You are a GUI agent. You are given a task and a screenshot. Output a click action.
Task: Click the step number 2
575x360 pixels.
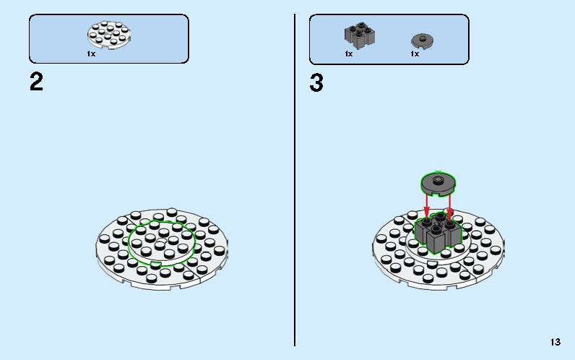coord(36,82)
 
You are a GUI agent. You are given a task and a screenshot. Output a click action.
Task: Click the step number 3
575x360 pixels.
coord(316,82)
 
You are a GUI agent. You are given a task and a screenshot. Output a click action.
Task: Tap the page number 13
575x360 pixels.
coord(555,342)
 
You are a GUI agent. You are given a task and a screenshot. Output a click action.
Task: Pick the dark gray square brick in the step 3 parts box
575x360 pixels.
coord(360,35)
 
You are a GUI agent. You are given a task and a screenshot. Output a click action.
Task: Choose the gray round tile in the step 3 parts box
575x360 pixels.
coord(422,40)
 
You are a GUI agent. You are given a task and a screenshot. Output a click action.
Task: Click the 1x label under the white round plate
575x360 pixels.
coord(91,54)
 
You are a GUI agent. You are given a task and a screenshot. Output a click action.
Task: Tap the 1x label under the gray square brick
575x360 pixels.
coord(349,54)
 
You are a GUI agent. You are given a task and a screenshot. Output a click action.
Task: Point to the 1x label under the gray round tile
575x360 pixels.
coord(415,54)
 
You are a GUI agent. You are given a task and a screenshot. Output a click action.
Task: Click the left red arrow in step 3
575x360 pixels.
coord(426,206)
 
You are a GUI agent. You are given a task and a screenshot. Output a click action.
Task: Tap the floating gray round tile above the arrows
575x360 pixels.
coord(438,184)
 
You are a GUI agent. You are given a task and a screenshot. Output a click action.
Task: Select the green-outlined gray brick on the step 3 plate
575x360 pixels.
coord(438,233)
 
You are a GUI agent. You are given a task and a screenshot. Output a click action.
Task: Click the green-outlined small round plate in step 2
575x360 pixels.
coord(162,243)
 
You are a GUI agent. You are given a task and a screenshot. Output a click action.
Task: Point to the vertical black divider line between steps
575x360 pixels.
coord(295,180)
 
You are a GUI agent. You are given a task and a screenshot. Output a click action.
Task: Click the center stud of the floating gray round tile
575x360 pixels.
coord(438,180)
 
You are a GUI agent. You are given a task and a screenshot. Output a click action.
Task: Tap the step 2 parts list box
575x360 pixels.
coord(109,39)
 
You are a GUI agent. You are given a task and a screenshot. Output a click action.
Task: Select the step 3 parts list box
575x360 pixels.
coord(389,39)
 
